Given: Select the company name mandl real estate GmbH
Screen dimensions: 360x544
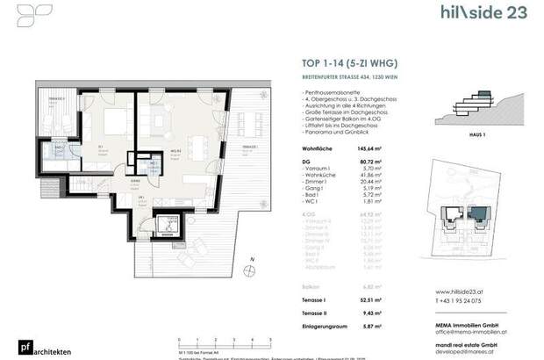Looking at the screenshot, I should point(469,339).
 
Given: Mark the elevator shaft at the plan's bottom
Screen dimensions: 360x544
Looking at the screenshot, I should point(165,227).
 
